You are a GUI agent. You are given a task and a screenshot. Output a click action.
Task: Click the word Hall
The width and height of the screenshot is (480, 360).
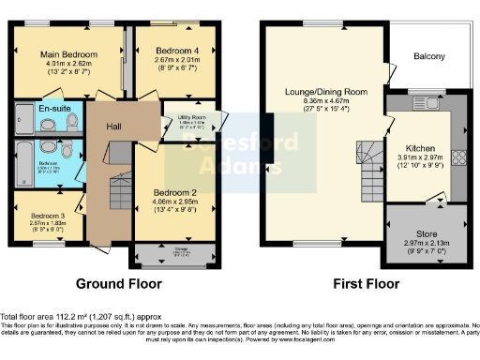click(113, 127)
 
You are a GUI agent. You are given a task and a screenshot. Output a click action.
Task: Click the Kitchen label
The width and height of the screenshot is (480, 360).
click(420, 148)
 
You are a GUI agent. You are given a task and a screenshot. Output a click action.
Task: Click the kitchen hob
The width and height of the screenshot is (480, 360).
click(460, 157)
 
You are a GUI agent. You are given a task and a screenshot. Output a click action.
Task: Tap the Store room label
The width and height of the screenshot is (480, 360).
click(427, 233)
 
